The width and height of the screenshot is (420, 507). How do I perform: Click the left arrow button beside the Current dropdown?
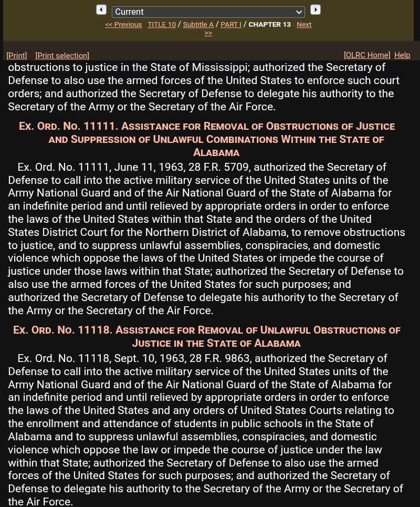click(x=101, y=10)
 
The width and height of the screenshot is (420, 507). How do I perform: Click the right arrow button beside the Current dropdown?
click(x=315, y=10)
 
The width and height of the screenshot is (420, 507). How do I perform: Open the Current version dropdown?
click(x=208, y=12)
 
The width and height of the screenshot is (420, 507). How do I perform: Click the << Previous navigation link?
click(x=123, y=25)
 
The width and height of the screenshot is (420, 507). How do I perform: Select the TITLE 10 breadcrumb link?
click(x=162, y=25)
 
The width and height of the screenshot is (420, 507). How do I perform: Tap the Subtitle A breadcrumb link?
click(x=198, y=25)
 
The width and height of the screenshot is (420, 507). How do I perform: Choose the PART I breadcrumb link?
click(x=231, y=25)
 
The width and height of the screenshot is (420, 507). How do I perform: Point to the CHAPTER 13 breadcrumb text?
click(x=269, y=25)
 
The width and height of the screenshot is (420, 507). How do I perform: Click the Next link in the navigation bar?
click(x=304, y=25)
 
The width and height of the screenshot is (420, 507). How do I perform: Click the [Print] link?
click(x=17, y=56)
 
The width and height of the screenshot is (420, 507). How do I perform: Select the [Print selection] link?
click(x=62, y=56)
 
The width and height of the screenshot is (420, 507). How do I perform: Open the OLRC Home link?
click(x=367, y=55)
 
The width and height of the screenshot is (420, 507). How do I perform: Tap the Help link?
click(x=402, y=55)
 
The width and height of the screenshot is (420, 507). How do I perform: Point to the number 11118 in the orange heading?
click(x=95, y=330)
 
